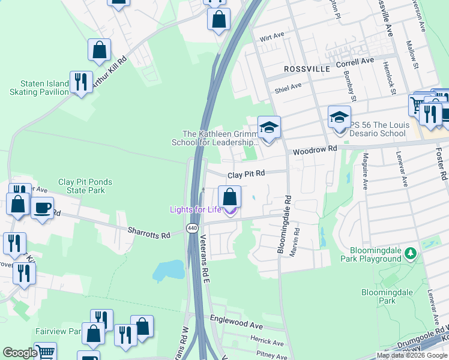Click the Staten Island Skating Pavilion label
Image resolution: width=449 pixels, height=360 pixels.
click(x=36, y=88)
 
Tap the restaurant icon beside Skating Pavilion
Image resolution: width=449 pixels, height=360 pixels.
click(x=80, y=82)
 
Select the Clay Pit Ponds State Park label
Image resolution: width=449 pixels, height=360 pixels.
click(x=85, y=186)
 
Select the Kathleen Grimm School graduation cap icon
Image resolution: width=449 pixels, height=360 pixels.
click(x=268, y=127)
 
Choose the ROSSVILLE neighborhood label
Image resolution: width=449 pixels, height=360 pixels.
click(x=307, y=70)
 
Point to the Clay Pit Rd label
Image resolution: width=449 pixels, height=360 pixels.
click(x=246, y=175)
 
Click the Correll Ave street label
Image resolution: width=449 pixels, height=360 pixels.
click(x=355, y=61)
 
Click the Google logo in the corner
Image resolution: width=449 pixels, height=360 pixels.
click(x=20, y=353)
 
